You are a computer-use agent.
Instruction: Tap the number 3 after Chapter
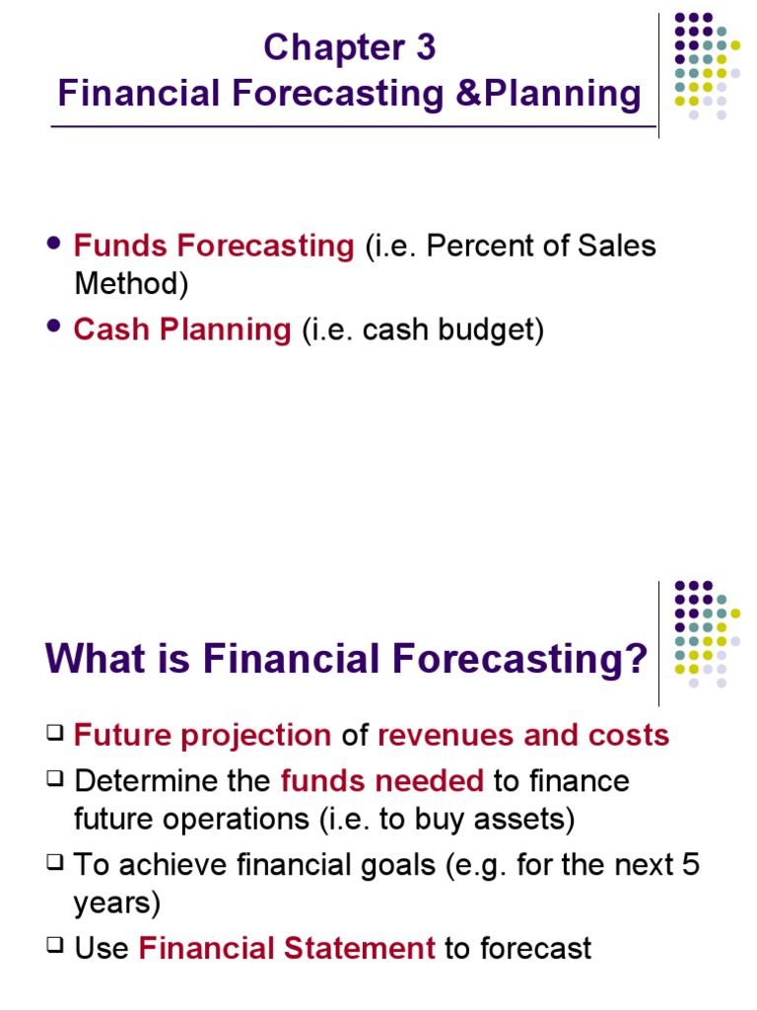click(x=425, y=47)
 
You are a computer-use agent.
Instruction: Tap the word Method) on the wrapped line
click(x=131, y=284)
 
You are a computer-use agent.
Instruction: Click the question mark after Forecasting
click(x=637, y=659)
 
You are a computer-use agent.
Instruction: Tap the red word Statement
click(x=360, y=948)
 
